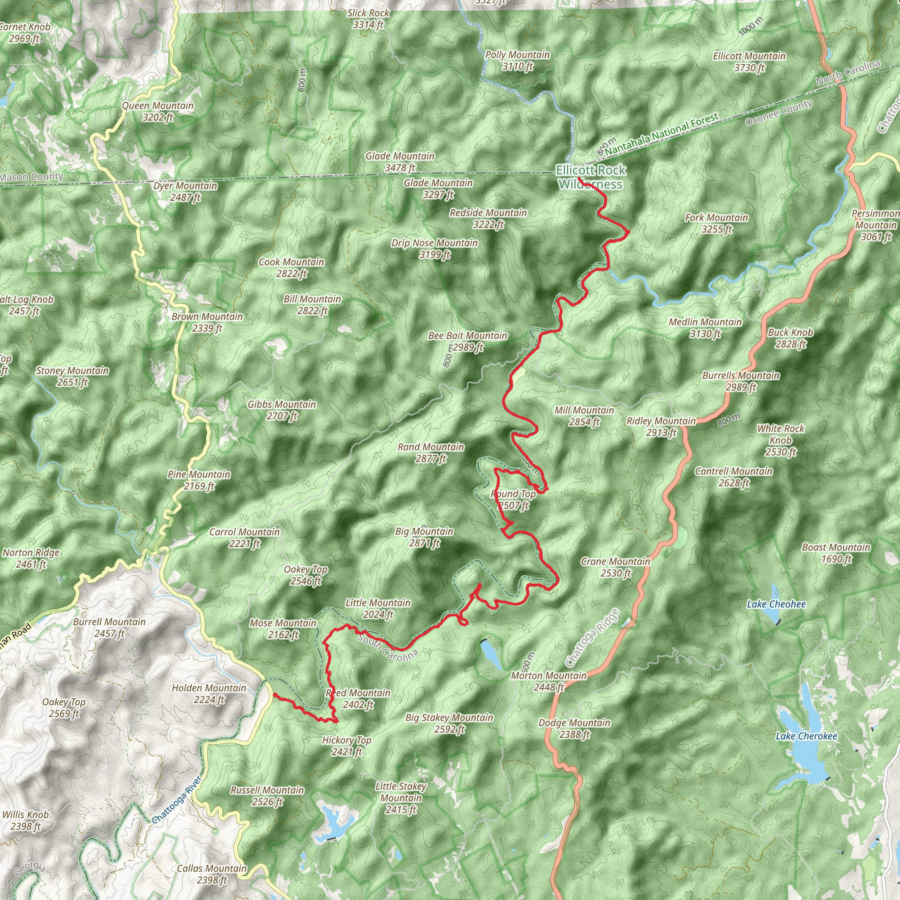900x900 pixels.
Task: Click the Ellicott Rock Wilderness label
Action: (591, 178)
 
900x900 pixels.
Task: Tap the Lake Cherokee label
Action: (806, 736)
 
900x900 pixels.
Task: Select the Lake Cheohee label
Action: (776, 604)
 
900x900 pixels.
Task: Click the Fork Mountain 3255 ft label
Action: (716, 223)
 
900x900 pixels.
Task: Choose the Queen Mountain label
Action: (157, 111)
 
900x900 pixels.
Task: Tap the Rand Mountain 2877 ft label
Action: (431, 453)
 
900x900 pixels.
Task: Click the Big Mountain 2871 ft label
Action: (425, 537)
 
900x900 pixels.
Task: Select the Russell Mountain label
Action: (267, 796)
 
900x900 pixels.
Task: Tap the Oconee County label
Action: (778, 113)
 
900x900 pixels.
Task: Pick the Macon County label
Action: (32, 177)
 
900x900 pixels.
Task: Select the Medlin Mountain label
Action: (705, 327)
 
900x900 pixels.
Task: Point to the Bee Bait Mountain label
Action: (468, 341)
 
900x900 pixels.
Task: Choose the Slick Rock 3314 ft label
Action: (368, 18)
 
